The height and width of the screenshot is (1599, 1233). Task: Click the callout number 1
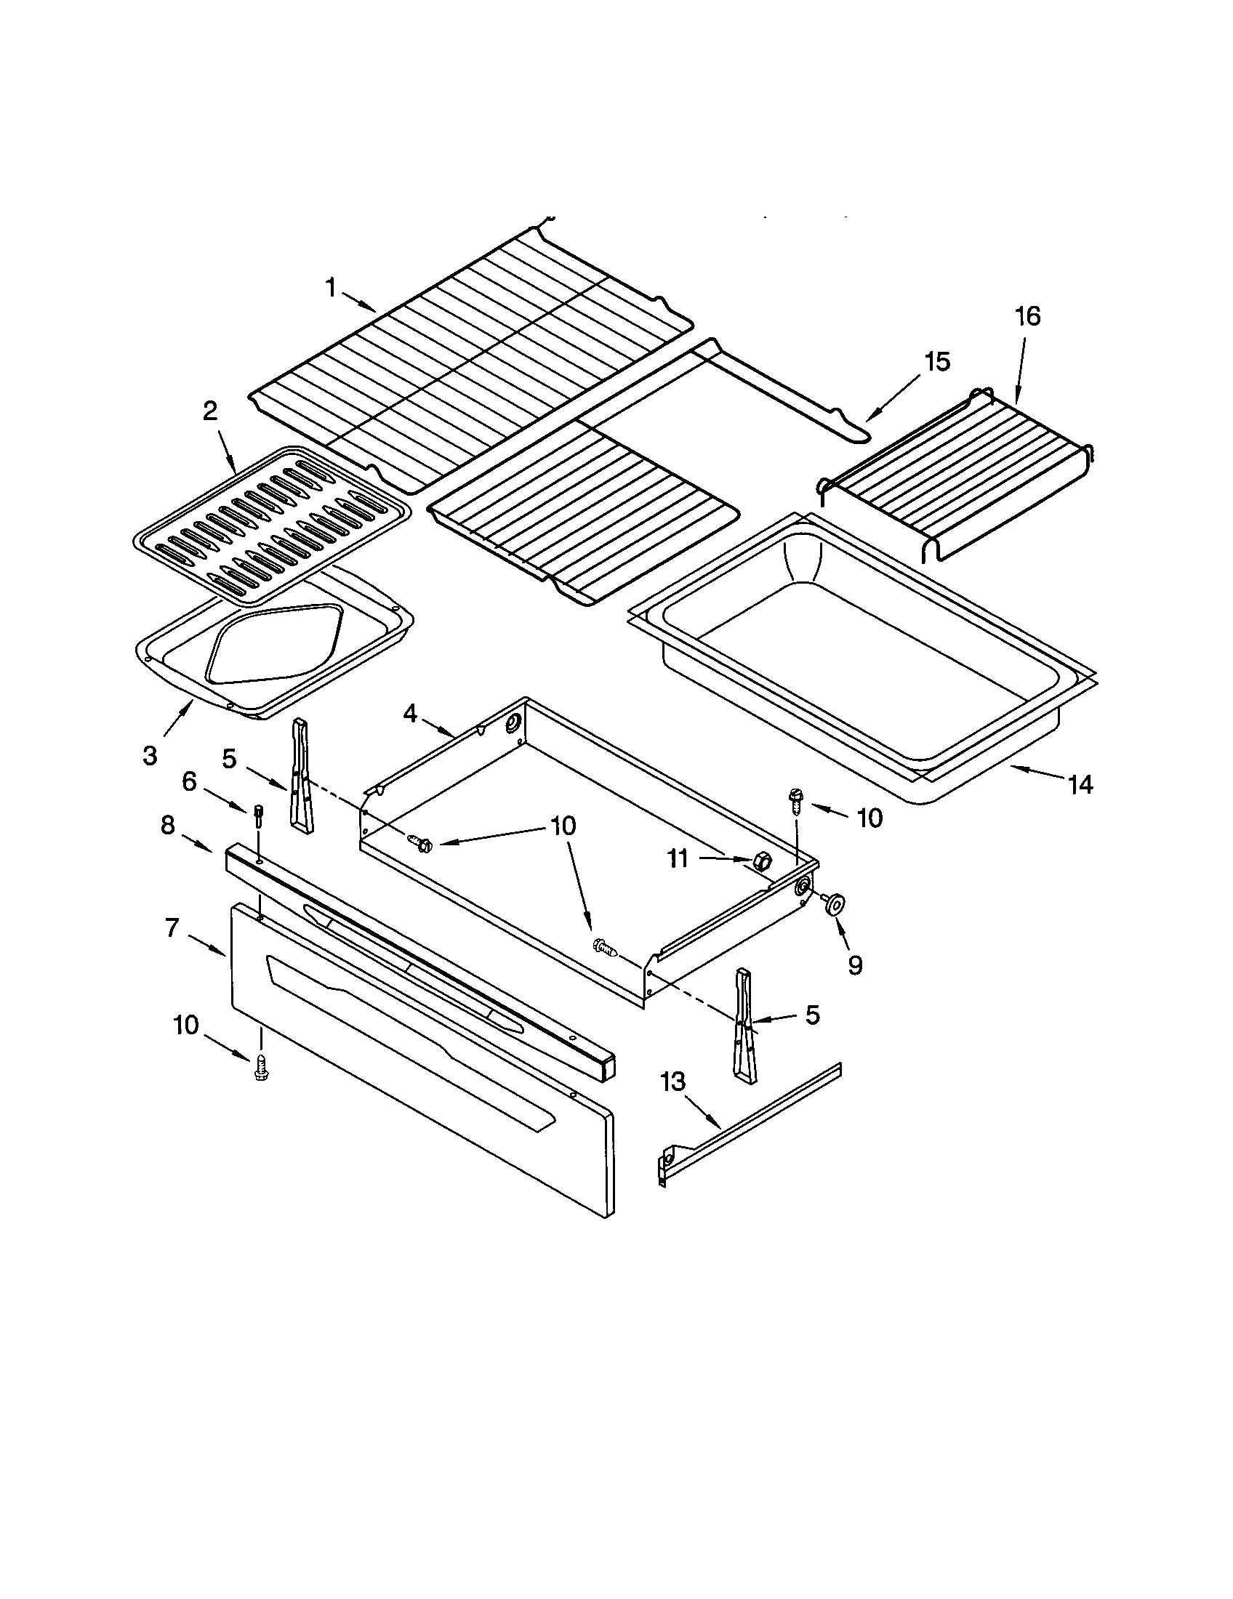coord(331,289)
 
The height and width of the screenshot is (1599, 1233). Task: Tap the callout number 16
coord(1027,317)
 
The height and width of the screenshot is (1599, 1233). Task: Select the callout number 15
coord(936,362)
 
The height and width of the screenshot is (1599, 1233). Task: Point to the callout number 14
coord(1080,785)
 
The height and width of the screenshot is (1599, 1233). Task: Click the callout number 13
coord(673,1082)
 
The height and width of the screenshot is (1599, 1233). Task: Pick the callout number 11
coord(678,859)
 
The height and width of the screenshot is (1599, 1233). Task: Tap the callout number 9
coord(855,965)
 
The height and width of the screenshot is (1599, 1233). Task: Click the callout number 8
coord(168,825)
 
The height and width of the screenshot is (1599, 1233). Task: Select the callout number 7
coord(172,928)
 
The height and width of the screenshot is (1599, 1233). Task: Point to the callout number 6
coord(189,782)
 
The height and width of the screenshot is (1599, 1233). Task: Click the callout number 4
coord(409,713)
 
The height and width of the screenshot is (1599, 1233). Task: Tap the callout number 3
coord(150,757)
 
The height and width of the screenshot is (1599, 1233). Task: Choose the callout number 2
coord(210,411)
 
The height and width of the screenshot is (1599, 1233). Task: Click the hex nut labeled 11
coord(760,861)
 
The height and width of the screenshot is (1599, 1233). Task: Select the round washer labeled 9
coord(834,905)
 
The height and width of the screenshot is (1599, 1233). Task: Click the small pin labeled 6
coord(258,814)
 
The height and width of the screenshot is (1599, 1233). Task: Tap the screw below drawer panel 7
coord(260,1070)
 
